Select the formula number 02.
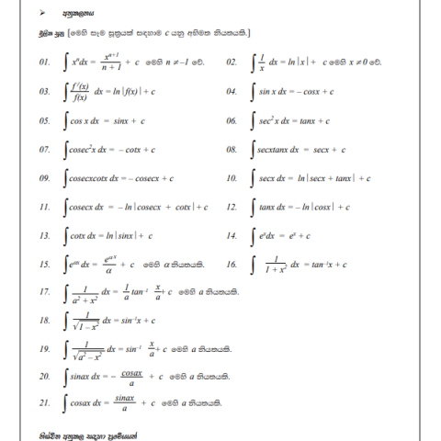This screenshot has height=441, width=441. point(232,63)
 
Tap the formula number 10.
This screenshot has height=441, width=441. point(232,177)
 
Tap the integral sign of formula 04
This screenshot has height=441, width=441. point(253,92)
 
